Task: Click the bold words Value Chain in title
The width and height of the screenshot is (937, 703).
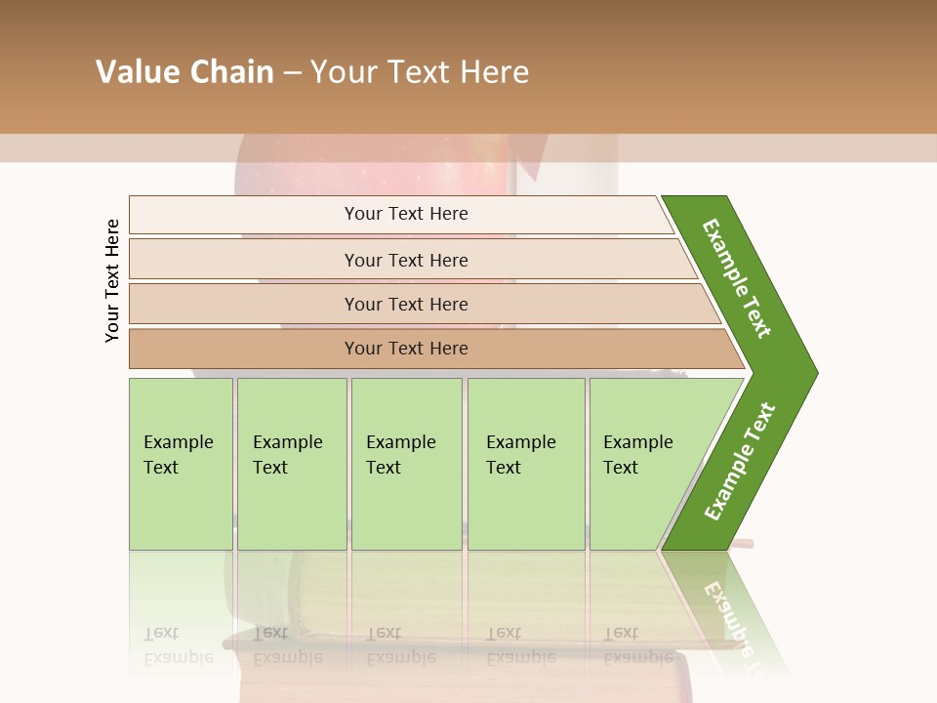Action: coord(184,72)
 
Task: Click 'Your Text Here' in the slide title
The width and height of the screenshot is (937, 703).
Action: coord(420,72)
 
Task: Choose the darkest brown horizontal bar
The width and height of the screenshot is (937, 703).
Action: coord(244,349)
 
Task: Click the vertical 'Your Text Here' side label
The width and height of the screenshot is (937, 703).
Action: coord(112,280)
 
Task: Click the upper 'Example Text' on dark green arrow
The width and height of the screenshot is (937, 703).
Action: coord(737,278)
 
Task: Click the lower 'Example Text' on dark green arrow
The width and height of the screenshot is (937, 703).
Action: coord(739,462)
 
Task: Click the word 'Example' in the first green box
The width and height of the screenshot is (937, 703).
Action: coord(178,442)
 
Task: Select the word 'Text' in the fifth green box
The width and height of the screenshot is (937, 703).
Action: coord(620,468)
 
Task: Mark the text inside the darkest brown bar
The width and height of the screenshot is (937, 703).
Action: coord(406,349)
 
